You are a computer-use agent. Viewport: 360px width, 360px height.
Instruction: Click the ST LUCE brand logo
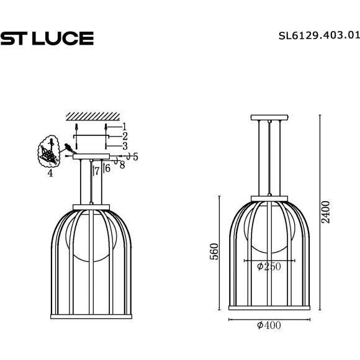(47, 38)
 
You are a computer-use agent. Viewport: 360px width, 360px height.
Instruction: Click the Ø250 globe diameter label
(268, 267)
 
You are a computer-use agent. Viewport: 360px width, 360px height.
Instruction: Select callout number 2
(124, 136)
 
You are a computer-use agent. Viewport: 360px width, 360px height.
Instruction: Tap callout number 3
(124, 145)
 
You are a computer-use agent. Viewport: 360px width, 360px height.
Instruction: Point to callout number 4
(50, 173)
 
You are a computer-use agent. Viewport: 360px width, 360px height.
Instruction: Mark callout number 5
(135, 157)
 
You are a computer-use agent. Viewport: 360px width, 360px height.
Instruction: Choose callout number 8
(122, 165)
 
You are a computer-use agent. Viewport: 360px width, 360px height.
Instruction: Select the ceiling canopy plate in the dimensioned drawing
(269, 118)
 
